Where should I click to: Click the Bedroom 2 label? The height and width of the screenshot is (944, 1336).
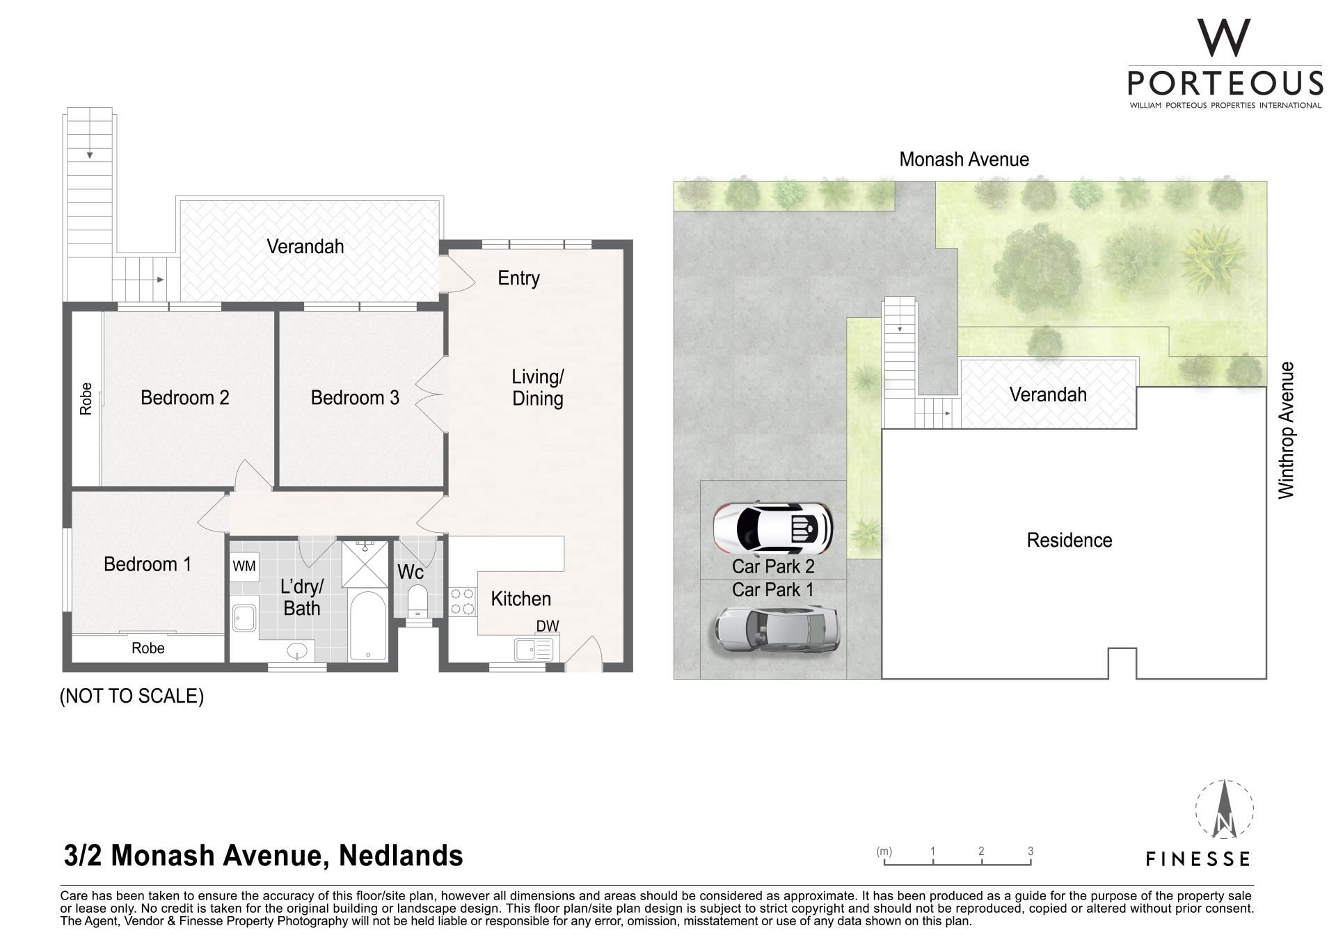point(184,398)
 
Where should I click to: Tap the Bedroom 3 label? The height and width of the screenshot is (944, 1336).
point(355,398)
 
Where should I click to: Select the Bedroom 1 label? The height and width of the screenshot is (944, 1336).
point(148,564)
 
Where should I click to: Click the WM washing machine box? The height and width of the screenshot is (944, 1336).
point(244,566)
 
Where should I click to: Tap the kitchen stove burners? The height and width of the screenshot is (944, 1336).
point(463,602)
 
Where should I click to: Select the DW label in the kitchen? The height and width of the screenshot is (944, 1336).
point(548,626)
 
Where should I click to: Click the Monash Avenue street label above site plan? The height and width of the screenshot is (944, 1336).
point(964,159)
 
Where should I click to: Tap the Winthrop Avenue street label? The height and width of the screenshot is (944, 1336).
point(1287,430)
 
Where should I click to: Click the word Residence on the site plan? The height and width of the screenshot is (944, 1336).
point(1069,541)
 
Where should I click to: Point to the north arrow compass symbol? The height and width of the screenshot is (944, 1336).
point(1224,810)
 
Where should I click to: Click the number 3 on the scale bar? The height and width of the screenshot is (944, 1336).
point(1031,851)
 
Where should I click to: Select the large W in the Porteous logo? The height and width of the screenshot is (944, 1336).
point(1224,38)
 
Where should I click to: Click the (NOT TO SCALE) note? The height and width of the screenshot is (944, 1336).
point(132,696)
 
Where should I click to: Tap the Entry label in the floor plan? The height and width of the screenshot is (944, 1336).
point(518,278)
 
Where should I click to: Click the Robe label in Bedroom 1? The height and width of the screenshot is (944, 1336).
point(148,648)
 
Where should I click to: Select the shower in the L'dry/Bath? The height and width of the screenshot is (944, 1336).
point(364,564)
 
